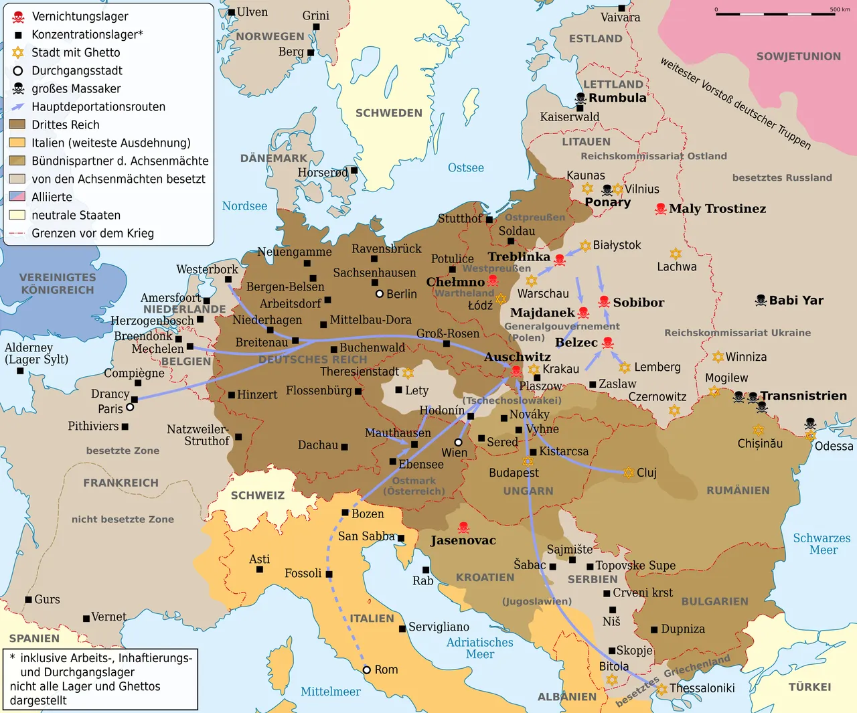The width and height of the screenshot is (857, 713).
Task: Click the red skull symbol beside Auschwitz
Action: click(x=516, y=371)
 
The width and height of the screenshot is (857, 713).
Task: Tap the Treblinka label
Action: click(x=519, y=256)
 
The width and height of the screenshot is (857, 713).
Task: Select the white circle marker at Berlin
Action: click(x=380, y=294)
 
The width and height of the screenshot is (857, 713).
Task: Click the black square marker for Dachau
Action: click(x=344, y=447)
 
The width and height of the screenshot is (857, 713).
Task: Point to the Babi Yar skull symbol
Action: click(x=761, y=301)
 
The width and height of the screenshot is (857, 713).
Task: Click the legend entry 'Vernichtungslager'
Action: click(x=80, y=16)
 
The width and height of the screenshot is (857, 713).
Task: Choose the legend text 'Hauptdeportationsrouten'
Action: click(x=98, y=106)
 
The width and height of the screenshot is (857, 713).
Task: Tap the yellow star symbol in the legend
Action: click(x=18, y=52)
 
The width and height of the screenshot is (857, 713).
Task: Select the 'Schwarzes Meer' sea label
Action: click(x=822, y=544)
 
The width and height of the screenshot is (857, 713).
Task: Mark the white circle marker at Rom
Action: click(x=366, y=669)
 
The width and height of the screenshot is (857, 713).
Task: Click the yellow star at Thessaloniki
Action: click(x=662, y=689)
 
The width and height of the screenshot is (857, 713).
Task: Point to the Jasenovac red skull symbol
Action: click(x=463, y=528)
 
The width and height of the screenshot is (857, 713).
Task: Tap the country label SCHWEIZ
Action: click(x=258, y=495)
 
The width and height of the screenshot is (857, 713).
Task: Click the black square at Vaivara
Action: click(x=621, y=8)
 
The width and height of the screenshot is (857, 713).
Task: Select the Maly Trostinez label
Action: click(x=717, y=208)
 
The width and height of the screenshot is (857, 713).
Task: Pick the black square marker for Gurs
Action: click(x=28, y=600)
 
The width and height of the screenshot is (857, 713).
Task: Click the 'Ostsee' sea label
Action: click(x=465, y=167)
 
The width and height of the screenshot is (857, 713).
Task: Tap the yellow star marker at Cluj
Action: click(x=628, y=473)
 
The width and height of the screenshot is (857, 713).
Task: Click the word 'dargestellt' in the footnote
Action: click(x=38, y=700)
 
